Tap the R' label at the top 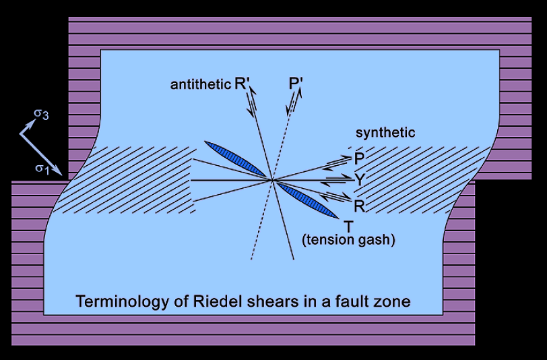(243, 84)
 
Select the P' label (294, 84)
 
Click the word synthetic (385, 133)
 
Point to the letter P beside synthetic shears (358, 159)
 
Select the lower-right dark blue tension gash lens (309, 201)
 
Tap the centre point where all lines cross (273, 181)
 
